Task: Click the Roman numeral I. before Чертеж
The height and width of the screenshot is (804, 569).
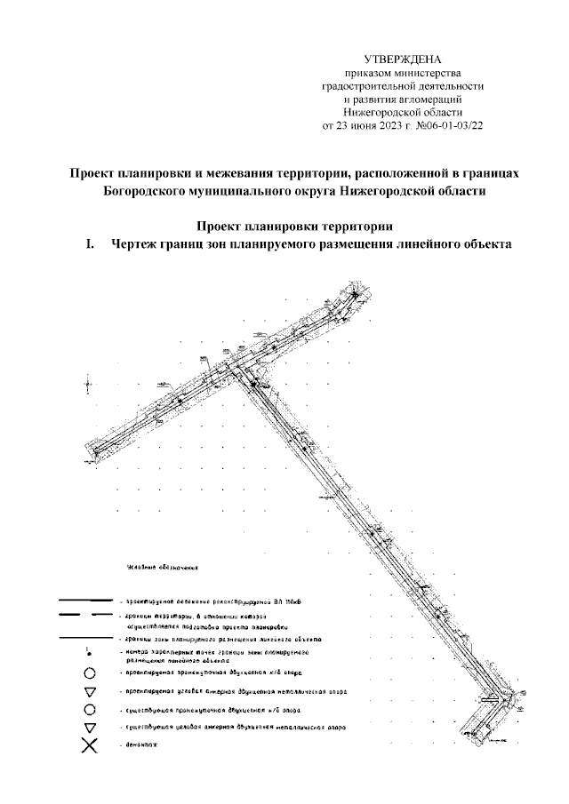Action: tap(90, 244)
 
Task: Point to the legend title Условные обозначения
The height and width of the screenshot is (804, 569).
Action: tap(156, 566)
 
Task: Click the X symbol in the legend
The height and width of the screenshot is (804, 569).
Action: tap(89, 745)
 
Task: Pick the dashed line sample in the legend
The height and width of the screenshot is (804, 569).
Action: tap(85, 615)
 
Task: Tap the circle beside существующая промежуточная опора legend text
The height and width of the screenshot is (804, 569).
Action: tap(89, 710)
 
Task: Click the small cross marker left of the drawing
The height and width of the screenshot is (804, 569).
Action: tap(88, 385)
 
